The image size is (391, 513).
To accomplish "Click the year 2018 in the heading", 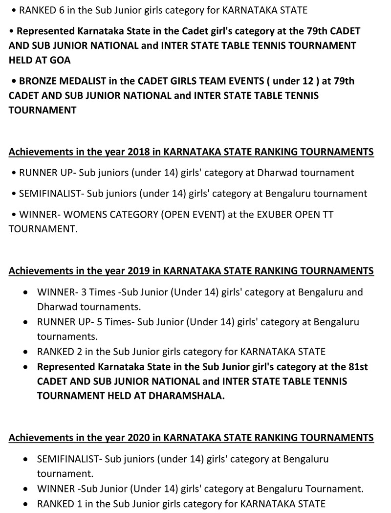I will [139, 152].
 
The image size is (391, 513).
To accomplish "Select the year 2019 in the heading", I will [139, 270].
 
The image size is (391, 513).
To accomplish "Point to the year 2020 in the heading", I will [139, 437].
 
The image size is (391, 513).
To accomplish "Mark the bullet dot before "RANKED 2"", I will [26, 352].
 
